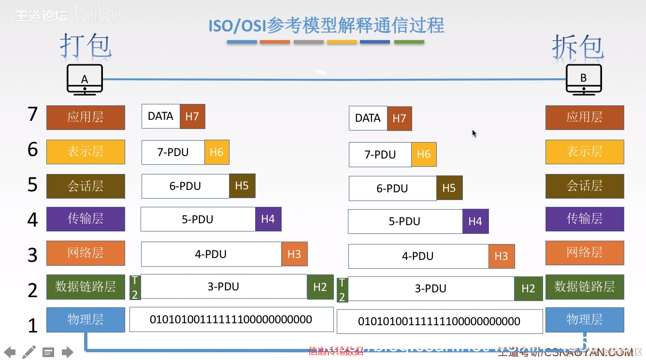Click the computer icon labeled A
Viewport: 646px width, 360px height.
[x=85, y=79]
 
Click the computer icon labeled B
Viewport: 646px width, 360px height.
[x=584, y=79]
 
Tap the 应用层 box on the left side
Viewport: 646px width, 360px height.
[x=86, y=117]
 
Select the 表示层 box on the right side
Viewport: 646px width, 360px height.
[x=585, y=152]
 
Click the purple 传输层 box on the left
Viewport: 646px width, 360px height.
[x=86, y=219]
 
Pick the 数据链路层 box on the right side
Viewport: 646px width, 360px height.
[x=585, y=287]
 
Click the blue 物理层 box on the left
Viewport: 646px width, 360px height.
[x=86, y=319]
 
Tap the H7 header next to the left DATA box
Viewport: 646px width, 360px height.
[x=192, y=116]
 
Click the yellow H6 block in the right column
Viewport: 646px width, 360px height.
[x=424, y=154]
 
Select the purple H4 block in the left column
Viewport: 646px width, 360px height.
[x=268, y=219]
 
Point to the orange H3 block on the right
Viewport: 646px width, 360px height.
[x=502, y=256]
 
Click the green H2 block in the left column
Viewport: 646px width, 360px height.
[x=320, y=287]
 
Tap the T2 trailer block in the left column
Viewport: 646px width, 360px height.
[x=135, y=288]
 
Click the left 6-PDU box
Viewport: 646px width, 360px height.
[x=185, y=186]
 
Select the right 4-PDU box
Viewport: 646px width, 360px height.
[x=418, y=256]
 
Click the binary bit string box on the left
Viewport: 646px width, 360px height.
[x=231, y=319]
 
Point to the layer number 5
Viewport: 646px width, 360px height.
[x=32, y=185]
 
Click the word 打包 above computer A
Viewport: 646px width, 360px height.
[x=86, y=46]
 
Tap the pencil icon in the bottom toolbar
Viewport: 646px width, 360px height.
[x=29, y=351]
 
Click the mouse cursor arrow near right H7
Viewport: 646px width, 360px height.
[x=474, y=133]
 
